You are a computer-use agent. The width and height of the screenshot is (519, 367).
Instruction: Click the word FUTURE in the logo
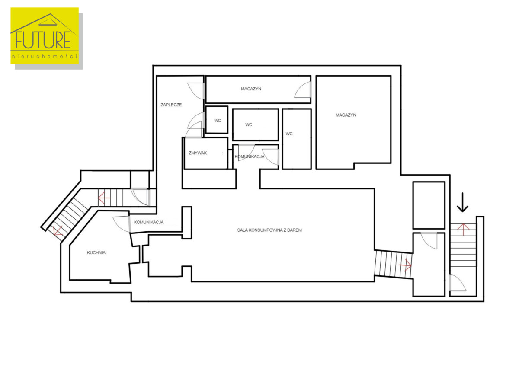click(x=43, y=40)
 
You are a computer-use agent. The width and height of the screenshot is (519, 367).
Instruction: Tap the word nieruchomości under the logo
click(x=45, y=56)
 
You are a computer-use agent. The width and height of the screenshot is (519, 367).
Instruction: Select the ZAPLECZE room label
click(x=171, y=105)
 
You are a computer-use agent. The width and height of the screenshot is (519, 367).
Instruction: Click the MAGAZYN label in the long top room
click(x=251, y=89)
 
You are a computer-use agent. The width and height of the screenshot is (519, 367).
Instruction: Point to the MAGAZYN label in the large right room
click(x=346, y=115)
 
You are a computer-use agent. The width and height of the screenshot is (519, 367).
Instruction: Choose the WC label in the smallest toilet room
click(x=218, y=121)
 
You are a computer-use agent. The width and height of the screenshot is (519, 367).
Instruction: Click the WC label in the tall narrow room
click(x=289, y=134)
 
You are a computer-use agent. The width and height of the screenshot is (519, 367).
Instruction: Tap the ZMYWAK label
click(x=198, y=153)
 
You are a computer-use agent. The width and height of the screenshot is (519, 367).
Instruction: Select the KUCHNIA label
click(x=96, y=252)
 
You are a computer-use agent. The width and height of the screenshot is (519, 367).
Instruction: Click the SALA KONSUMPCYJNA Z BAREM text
click(x=269, y=230)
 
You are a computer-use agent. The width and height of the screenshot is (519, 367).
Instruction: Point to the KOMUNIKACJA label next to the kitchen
click(x=149, y=222)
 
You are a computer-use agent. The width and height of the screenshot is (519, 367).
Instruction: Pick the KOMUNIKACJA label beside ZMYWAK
click(x=250, y=157)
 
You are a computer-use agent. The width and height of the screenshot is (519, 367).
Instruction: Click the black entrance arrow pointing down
click(x=462, y=202)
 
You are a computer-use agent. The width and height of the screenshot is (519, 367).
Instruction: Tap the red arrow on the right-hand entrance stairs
click(x=463, y=230)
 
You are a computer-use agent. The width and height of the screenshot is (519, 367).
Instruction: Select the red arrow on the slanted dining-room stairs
click(x=405, y=265)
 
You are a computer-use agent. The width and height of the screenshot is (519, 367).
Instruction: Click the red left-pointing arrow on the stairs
click(x=104, y=198)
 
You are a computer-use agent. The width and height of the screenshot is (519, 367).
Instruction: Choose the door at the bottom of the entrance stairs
click(x=458, y=283)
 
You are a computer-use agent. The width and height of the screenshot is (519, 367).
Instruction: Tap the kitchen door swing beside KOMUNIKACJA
click(x=122, y=224)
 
